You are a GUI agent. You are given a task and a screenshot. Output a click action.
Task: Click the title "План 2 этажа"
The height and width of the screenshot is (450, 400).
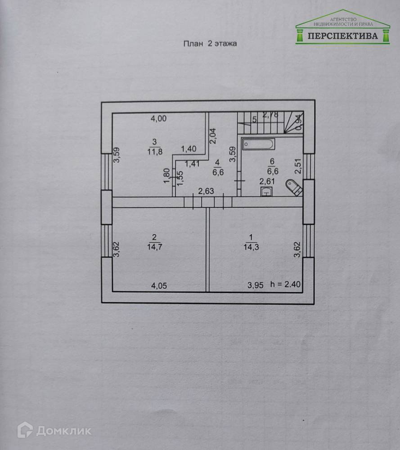click(x=209, y=44)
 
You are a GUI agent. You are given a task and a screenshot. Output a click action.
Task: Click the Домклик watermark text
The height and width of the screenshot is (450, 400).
click(x=63, y=431)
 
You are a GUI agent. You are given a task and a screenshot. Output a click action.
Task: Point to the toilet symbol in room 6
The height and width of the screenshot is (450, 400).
click(x=293, y=187)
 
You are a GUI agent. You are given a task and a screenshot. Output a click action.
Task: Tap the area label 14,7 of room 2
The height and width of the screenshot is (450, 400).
click(x=154, y=246)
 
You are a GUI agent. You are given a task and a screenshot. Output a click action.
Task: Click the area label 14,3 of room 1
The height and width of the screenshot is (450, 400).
click(x=251, y=246)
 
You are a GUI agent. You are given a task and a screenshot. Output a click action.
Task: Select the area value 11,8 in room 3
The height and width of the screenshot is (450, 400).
click(x=154, y=151)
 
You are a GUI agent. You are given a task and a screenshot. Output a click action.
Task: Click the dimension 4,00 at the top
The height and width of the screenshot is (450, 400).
click(x=158, y=119)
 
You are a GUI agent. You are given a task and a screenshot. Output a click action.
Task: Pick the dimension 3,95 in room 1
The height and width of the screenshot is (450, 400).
click(x=256, y=285)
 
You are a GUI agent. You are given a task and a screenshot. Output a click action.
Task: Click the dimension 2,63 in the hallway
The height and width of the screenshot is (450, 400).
click(x=206, y=191)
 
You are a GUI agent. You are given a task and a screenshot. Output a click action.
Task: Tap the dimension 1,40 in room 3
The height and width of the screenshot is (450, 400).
click(x=189, y=148)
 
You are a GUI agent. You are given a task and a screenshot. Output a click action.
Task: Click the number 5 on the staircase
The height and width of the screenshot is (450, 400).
click(x=254, y=120)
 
